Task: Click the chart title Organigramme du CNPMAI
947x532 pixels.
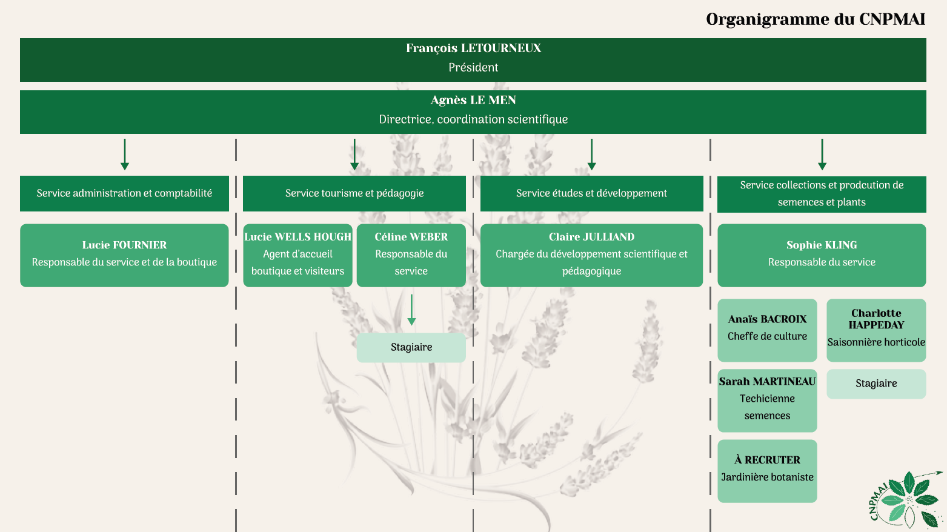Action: pos(816,19)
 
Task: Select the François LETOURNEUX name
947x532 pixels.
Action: pos(473,48)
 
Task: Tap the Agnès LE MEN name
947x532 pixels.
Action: pos(473,100)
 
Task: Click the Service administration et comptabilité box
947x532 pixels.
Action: pos(124,193)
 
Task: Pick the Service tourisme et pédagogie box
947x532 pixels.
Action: pos(354,193)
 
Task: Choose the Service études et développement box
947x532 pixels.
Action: pos(591,193)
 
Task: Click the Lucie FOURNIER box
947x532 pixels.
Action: pos(124,256)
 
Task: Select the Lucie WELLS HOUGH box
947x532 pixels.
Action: pos(297,256)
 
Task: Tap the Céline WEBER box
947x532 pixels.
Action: pos(411,256)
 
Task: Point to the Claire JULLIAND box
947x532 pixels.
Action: pos(591,256)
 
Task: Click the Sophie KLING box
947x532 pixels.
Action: pos(822,256)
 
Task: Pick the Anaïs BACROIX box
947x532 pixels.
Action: pos(767,330)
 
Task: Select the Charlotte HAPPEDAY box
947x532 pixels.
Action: pos(876,330)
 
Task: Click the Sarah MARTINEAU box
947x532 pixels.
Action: pos(767,401)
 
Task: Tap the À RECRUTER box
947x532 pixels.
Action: pos(767,471)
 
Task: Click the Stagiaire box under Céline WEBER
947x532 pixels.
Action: pos(411,348)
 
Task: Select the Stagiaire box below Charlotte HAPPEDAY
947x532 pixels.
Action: pos(876,384)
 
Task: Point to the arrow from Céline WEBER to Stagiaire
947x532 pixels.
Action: pos(411,310)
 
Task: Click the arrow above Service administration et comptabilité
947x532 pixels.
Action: pos(125,155)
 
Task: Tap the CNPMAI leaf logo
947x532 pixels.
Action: pos(906,500)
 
